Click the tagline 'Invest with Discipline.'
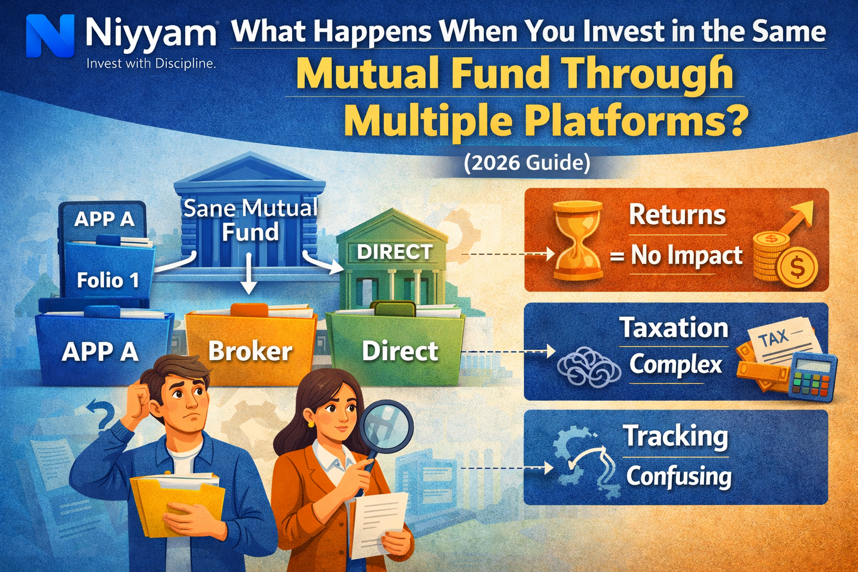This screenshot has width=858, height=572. (151, 64)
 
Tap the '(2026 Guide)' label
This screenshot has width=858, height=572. (527, 163)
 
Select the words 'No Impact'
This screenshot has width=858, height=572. (687, 256)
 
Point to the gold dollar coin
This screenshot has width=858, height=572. (797, 269)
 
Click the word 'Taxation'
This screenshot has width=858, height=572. (674, 328)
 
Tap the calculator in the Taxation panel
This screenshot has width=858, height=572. (813, 376)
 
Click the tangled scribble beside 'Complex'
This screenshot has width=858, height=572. (588, 366)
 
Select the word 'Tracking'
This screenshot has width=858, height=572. (675, 436)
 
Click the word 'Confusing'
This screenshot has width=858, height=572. (679, 476)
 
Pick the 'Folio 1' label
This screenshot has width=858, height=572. (108, 280)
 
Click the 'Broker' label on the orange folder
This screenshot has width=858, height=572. (250, 351)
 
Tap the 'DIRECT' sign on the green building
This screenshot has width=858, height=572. (394, 252)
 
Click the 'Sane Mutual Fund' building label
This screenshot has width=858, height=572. (250, 220)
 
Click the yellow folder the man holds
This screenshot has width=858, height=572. (176, 503)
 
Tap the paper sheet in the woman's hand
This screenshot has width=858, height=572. (380, 522)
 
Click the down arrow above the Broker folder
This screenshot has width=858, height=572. (249, 274)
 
